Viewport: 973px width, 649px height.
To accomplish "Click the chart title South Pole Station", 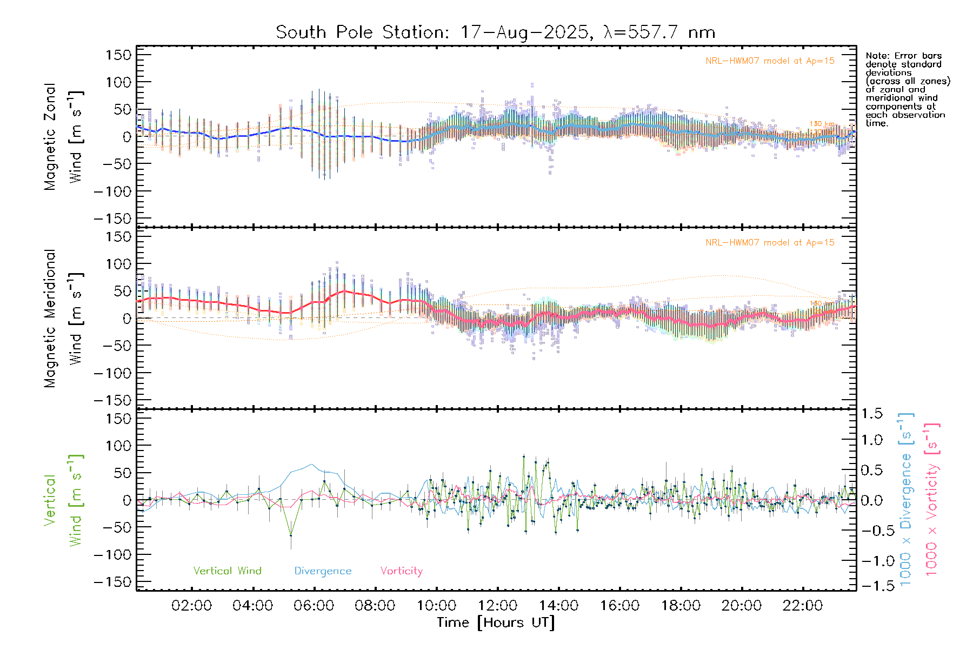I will [x=495, y=32].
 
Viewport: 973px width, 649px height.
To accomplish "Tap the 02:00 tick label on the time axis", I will [x=191, y=606].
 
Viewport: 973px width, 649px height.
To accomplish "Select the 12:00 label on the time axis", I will [x=497, y=606].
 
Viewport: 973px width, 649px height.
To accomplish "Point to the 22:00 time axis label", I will [x=803, y=606].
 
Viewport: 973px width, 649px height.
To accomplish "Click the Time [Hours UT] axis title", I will [x=496, y=622].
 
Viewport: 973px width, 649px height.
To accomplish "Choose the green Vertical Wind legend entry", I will [x=227, y=571].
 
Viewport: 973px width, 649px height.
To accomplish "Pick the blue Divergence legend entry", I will [x=323, y=571].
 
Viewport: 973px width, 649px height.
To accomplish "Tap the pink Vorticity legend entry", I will [x=401, y=571].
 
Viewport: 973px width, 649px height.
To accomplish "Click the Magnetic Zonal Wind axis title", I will [x=63, y=136].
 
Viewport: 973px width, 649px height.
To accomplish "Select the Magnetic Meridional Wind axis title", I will [x=63, y=318].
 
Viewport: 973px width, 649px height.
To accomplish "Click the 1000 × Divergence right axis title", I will [x=905, y=500].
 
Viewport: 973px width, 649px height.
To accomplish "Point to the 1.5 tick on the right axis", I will [x=872, y=414].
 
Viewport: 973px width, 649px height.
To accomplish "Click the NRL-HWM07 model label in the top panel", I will [x=770, y=61].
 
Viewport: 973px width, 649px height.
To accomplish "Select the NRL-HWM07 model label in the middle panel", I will [x=770, y=243].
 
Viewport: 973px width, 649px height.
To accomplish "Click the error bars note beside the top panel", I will [x=908, y=89].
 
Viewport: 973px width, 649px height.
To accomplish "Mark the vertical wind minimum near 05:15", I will [x=291, y=535].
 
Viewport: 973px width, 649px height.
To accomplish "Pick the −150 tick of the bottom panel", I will [x=112, y=582].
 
